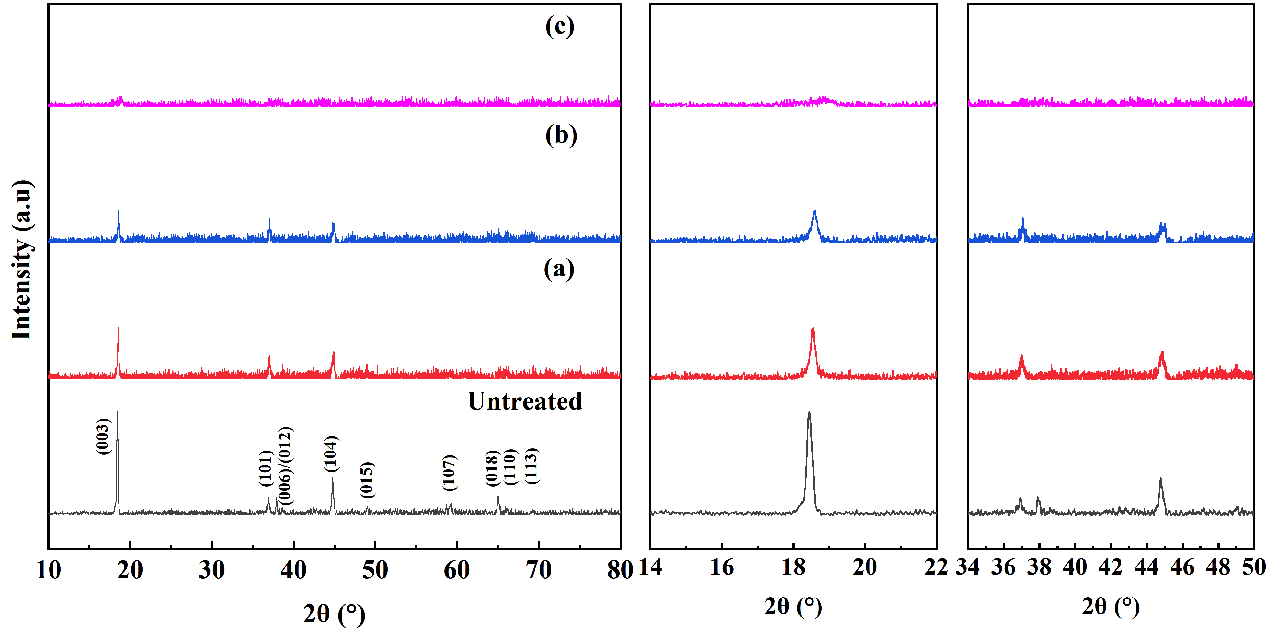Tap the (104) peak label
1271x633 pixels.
click(331, 454)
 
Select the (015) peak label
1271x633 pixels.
click(366, 480)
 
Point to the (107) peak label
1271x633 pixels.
click(449, 473)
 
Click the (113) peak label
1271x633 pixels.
click(531, 466)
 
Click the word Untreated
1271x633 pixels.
click(525, 401)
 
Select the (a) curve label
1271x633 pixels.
click(559, 269)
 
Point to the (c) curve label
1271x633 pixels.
click(559, 26)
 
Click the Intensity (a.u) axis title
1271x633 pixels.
click(22, 260)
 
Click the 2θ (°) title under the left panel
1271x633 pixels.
click(334, 614)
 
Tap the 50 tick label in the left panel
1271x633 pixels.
click(375, 570)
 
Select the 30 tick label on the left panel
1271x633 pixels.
click(212, 570)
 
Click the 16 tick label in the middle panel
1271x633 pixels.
click(721, 567)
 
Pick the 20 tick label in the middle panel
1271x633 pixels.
click(865, 567)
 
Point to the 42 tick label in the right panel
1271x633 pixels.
click(1111, 567)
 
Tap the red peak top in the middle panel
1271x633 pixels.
click(813, 328)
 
